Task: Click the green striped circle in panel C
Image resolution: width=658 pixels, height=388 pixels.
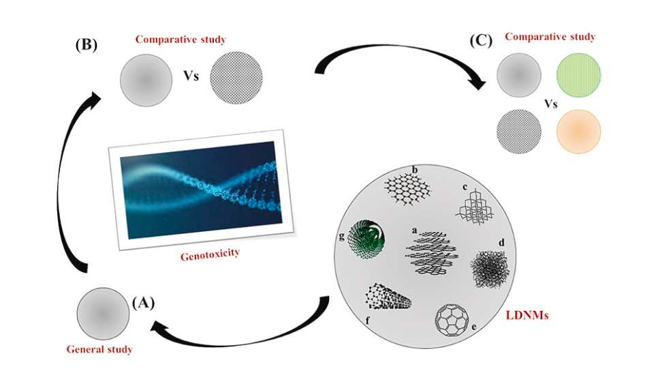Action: tap(578, 75)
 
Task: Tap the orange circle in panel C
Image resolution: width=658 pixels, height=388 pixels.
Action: tap(578, 132)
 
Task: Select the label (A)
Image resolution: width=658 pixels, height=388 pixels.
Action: tap(143, 302)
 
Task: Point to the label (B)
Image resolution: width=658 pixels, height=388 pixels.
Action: tap(87, 44)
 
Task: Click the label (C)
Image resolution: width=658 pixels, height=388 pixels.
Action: tap(481, 41)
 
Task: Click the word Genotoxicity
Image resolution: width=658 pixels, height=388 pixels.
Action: tap(210, 254)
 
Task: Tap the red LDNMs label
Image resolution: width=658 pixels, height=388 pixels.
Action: tap(527, 315)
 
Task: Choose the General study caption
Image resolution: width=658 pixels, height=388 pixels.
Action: tap(99, 349)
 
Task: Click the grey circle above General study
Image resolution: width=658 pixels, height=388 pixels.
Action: tap(103, 314)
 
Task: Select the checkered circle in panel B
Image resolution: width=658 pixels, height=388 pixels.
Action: tap(236, 78)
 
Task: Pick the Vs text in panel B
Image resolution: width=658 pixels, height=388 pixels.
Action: tap(191, 76)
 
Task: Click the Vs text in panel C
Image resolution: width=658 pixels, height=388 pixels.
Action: tap(550, 103)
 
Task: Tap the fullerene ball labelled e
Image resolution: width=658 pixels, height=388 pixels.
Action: tap(452, 320)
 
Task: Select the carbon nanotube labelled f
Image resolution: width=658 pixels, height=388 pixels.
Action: tap(388, 297)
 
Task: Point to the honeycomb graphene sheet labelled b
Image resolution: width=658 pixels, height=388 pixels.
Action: tap(407, 190)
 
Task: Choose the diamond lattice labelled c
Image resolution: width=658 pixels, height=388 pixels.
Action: tap(474, 207)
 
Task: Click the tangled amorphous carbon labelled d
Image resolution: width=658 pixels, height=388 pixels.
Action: tap(490, 269)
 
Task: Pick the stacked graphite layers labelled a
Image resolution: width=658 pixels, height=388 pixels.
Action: tap(433, 253)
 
